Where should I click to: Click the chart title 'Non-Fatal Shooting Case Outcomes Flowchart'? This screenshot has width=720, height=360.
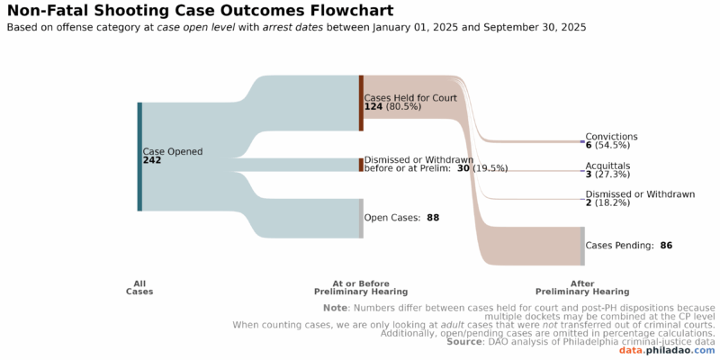(x=200, y=11)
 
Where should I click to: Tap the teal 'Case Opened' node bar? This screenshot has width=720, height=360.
(x=139, y=157)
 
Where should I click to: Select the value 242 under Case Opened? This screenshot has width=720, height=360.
(x=152, y=160)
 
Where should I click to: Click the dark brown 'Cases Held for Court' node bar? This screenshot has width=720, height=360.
(x=361, y=103)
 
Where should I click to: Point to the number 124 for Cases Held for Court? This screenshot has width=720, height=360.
(x=373, y=107)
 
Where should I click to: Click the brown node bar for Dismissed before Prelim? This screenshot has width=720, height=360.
(x=361, y=165)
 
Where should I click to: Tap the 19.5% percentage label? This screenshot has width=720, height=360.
(x=491, y=168)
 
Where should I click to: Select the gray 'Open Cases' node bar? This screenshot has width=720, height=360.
(x=361, y=219)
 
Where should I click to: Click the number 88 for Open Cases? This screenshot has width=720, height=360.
(x=433, y=218)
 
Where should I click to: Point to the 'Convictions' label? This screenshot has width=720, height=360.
(x=611, y=137)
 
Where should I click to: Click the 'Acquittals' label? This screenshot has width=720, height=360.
(x=607, y=166)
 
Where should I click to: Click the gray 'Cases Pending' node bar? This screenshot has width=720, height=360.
(x=582, y=246)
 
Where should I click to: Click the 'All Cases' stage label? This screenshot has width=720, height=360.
(x=139, y=288)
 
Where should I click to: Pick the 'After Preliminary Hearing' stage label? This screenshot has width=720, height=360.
(x=582, y=288)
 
